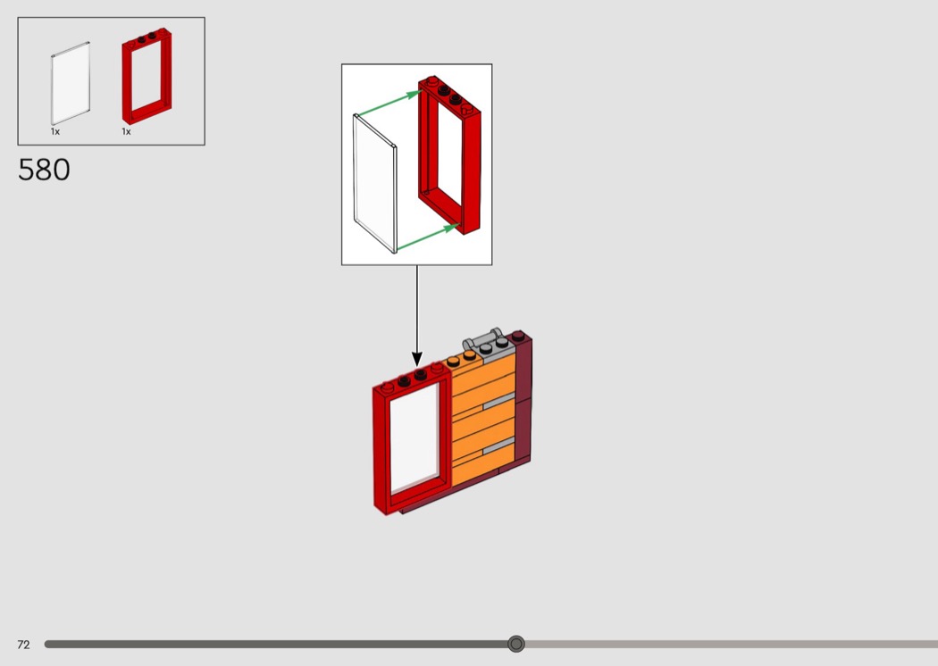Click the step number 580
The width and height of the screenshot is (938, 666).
[x=44, y=170]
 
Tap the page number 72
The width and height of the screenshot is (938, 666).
[x=23, y=645]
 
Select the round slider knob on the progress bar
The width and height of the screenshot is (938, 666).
[x=515, y=644]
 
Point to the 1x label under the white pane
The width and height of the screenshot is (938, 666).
[x=55, y=132]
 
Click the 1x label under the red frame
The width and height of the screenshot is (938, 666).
[x=127, y=132]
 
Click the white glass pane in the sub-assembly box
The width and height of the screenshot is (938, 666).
[x=375, y=183]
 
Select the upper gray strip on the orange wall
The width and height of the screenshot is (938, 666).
[x=498, y=404]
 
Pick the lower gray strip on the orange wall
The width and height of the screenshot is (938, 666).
[x=498, y=444]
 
